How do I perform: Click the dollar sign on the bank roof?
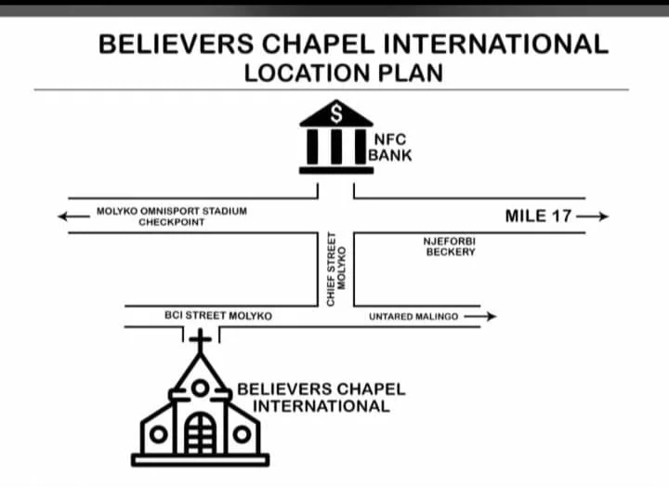[336, 113]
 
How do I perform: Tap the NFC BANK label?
[389, 148]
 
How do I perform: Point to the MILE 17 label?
[538, 216]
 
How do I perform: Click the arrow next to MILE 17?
[591, 217]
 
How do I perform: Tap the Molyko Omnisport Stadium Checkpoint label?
[172, 217]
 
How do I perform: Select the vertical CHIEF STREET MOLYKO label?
[336, 270]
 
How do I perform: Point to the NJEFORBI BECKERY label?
[450, 246]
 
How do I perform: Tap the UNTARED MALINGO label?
[413, 317]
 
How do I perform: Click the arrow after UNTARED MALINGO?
[479, 316]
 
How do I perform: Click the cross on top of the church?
[200, 339]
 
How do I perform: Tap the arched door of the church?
[200, 432]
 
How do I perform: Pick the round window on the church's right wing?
[242, 434]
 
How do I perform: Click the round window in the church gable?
[200, 388]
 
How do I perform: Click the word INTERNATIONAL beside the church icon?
[321, 406]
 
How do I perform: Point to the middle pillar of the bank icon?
[336, 147]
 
